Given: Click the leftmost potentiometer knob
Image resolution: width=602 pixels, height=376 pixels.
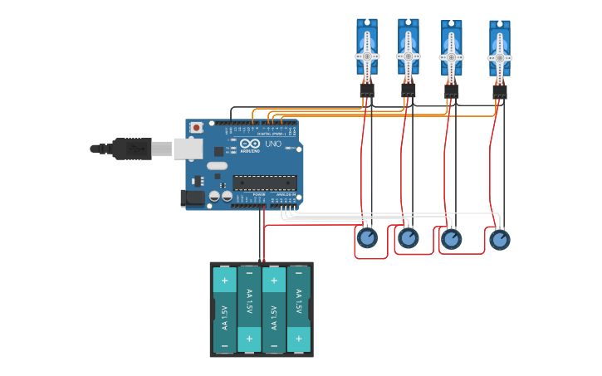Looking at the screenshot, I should (x=366, y=238).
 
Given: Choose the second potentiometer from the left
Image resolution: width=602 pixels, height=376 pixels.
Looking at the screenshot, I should (x=408, y=238).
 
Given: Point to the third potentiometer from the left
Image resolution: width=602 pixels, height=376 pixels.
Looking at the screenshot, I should (x=451, y=239).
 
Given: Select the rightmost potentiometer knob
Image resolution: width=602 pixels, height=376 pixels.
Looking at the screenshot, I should (x=499, y=239).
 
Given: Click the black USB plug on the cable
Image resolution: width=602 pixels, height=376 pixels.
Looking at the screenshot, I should (x=133, y=149).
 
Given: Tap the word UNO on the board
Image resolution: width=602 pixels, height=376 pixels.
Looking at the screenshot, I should (x=273, y=144).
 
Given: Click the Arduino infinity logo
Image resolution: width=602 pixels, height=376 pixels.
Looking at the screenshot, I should (x=250, y=143).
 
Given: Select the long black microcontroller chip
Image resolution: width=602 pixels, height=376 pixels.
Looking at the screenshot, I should (x=264, y=183).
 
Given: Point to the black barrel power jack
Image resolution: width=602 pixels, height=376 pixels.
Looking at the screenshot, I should (x=192, y=198).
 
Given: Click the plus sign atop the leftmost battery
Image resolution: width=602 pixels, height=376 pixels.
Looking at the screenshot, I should (x=224, y=281).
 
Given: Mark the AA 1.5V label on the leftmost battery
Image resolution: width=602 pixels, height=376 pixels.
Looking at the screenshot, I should (x=224, y=310).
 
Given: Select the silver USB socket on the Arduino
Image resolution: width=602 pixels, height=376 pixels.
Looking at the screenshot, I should (x=188, y=149).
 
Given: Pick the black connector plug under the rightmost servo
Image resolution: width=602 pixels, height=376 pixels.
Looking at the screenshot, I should (x=499, y=92).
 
